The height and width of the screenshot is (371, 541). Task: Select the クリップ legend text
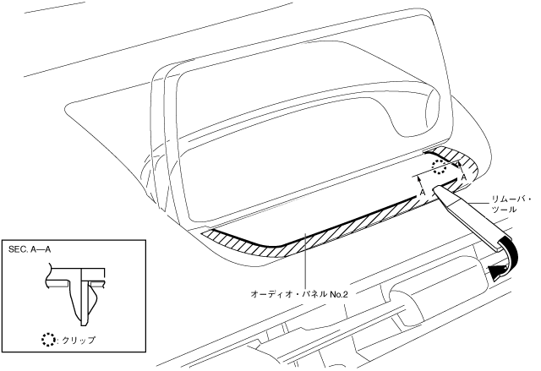(x=77, y=341)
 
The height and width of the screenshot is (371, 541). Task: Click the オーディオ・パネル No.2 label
(x=299, y=293)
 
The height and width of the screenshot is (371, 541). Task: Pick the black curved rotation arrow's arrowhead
(x=492, y=272)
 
